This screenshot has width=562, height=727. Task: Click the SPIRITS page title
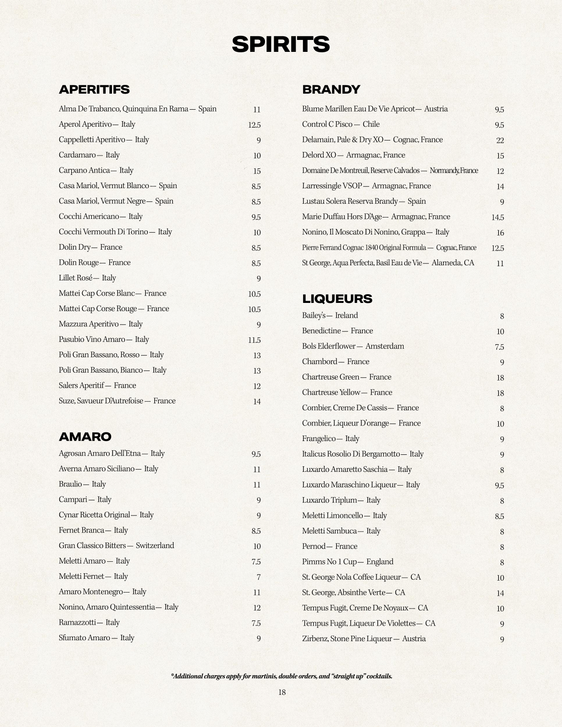(x=281, y=45)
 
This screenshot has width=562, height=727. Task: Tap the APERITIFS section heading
(x=94, y=89)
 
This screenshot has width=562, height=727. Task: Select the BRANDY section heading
(x=331, y=89)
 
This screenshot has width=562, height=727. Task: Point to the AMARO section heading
(x=85, y=436)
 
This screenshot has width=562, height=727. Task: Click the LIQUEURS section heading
(x=337, y=299)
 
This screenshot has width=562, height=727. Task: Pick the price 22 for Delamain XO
(x=500, y=140)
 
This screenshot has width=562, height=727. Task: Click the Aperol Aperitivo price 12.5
(x=254, y=125)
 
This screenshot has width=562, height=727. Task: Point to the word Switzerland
(x=155, y=545)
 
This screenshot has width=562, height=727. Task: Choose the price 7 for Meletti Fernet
(x=259, y=576)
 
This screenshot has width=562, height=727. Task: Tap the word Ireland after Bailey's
(x=346, y=315)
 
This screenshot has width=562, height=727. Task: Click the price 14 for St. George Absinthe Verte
(x=500, y=593)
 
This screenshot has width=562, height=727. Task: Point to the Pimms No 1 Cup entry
(x=347, y=562)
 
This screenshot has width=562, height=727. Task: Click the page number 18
(x=281, y=692)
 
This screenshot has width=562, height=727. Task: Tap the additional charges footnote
(x=281, y=676)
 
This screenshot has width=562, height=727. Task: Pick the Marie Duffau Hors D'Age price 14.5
(x=497, y=217)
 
